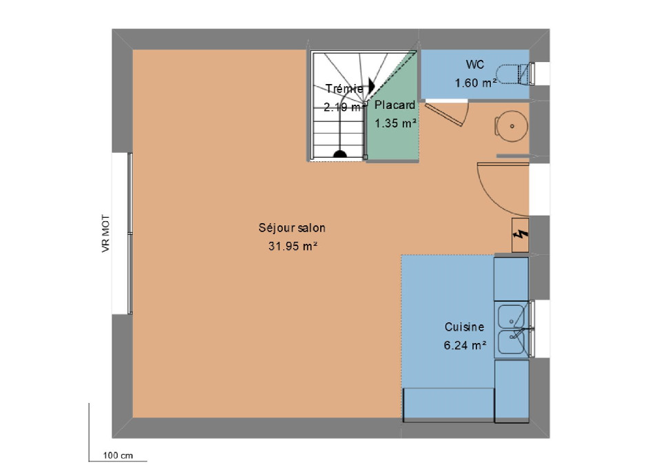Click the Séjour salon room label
292,228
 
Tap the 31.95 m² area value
293,246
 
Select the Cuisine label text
464,327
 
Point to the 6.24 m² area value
465,346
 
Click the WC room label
474,65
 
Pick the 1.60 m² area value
475,83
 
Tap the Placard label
395,105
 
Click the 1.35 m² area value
395,123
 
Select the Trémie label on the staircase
344,89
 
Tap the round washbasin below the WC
512,126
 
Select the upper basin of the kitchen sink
512,316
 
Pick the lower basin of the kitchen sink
512,342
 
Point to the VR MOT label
105,233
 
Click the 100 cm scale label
118,455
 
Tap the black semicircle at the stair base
340,154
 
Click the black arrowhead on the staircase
371,85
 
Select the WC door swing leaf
444,114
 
